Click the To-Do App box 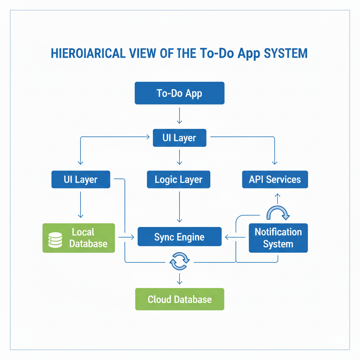click(x=179, y=93)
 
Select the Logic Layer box click(x=179, y=180)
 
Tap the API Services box click(x=275, y=180)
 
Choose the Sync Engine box click(x=179, y=237)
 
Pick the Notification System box click(x=278, y=238)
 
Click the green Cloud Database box click(x=179, y=299)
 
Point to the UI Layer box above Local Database click(x=81, y=180)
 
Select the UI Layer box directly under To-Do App click(x=179, y=138)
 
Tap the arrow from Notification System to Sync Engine click(x=235, y=238)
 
